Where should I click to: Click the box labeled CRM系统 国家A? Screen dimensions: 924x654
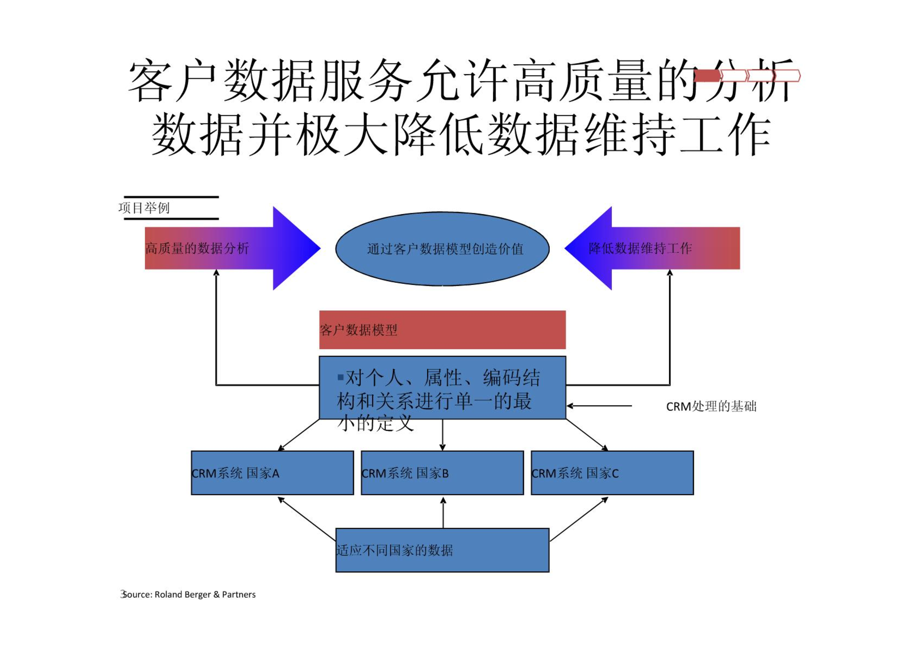(272, 473)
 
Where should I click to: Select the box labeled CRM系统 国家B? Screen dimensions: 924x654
(442, 473)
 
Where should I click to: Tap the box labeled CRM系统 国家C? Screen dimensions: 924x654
(612, 473)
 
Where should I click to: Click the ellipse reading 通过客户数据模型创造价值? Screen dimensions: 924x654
(442, 249)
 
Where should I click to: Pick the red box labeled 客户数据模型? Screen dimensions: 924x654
(442, 329)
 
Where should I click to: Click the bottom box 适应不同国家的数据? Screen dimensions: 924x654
(442, 550)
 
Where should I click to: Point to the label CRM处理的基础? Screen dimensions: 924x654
(711, 406)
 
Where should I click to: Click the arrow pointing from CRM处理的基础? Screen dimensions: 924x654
(599, 406)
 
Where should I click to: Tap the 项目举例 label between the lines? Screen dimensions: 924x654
(144, 208)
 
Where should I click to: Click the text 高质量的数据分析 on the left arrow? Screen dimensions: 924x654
(197, 248)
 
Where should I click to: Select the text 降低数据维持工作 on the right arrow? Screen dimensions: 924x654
(640, 248)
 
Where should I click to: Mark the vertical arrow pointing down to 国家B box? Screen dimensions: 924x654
(442, 435)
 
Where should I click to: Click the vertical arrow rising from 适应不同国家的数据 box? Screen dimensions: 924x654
(443, 512)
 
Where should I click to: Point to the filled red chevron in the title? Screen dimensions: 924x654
(707, 76)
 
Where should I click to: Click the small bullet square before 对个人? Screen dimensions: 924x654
(340, 377)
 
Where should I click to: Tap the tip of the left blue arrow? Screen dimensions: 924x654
(320, 248)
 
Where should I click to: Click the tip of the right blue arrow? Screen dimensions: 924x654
(565, 248)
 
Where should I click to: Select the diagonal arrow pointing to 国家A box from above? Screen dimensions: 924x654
(298, 435)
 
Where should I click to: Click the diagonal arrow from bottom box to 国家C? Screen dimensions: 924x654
(579, 519)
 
